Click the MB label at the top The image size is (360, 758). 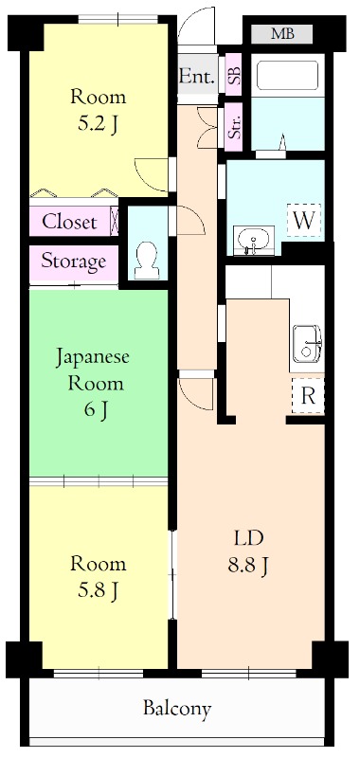282,34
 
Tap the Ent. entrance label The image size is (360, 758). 197,74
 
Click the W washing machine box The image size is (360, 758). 304,219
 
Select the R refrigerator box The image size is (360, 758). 307,396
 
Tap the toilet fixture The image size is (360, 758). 147,259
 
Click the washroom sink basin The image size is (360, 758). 253,240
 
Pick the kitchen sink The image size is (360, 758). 307,343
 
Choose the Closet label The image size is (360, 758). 70,222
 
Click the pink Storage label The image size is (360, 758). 73,261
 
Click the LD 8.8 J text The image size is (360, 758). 248,552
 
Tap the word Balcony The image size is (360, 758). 177,708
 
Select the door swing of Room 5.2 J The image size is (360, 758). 152,176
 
